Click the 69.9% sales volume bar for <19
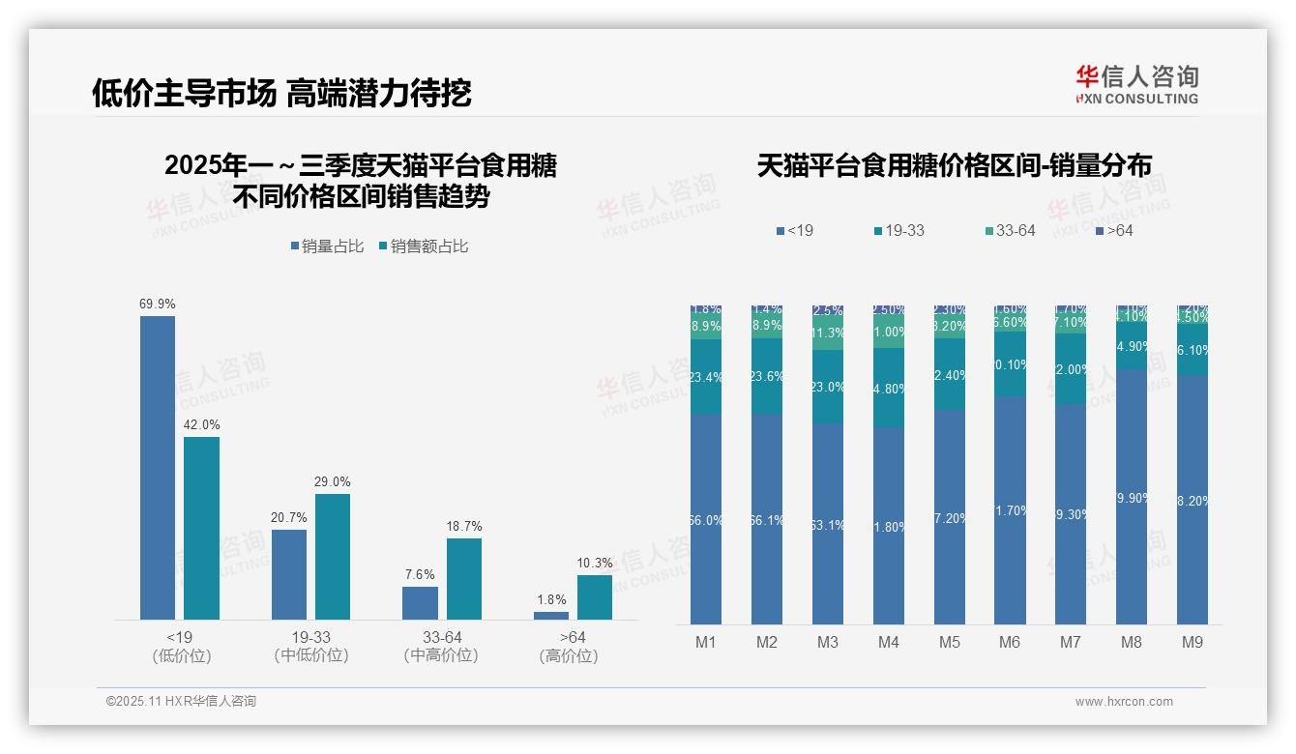coord(158,467)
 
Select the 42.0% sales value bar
coord(202,528)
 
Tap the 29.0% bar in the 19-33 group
coord(333,556)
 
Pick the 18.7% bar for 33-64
coord(464,578)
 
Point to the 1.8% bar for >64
coord(551,615)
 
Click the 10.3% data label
coord(595,564)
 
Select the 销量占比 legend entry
coord(327,246)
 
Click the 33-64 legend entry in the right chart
coord(1010,231)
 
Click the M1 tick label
coord(705,642)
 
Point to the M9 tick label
coord(1193,642)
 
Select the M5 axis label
coord(949,642)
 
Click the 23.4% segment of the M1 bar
coord(706,377)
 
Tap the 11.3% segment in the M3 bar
coord(828,333)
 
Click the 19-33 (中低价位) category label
coord(310,647)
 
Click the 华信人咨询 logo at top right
coord(1136,84)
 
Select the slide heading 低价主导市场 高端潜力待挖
coord(281,93)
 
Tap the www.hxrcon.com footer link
coord(1124,702)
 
